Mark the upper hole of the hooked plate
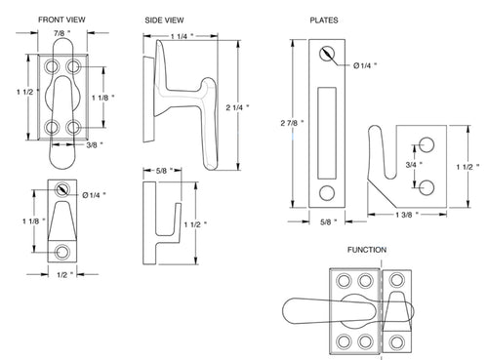(426, 147)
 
